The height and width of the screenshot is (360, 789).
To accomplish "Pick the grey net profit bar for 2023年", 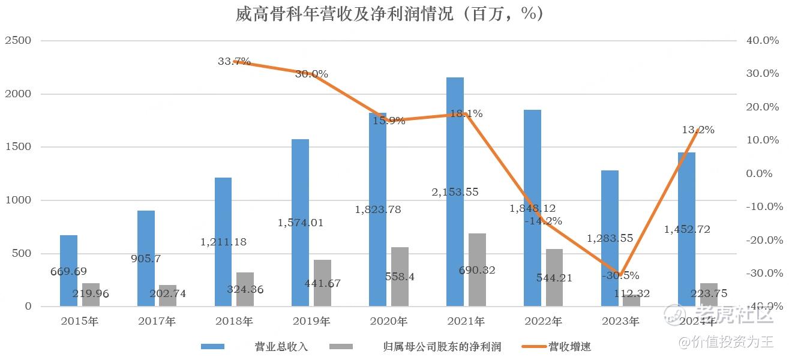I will pyautogui.click(x=631, y=301).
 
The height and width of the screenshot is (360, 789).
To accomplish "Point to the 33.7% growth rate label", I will pyautogui.click(x=234, y=61).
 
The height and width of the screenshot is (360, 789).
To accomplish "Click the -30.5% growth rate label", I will pyautogui.click(x=621, y=276).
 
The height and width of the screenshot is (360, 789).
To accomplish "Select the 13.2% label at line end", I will pyautogui.click(x=698, y=130).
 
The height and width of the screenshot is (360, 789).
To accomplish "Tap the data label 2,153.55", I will pyautogui.click(x=455, y=193).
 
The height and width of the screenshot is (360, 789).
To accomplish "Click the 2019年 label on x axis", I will pyautogui.click(x=312, y=322).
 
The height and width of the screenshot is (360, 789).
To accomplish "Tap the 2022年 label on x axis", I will pyautogui.click(x=544, y=322).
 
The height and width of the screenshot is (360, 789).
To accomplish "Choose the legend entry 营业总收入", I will pyautogui.click(x=281, y=347).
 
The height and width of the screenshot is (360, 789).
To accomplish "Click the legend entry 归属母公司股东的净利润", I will pyautogui.click(x=442, y=347).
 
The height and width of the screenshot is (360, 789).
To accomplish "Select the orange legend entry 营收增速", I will pyautogui.click(x=569, y=347).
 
